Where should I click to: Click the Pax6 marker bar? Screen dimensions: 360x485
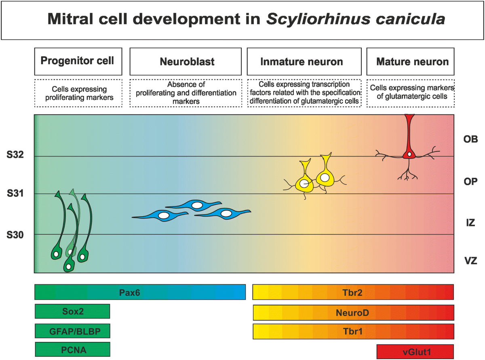[140, 292]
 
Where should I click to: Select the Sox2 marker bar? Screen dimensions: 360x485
[72, 311]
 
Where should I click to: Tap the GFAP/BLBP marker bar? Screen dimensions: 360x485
[72, 332]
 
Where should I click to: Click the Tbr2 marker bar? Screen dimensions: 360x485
[353, 292]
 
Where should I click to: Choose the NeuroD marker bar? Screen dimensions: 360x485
[353, 313]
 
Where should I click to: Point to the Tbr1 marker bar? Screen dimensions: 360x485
[353, 331]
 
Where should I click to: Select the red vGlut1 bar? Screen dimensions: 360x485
[415, 352]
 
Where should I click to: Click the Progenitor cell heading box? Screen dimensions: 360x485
[78, 61]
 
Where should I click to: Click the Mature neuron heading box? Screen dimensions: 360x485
[412, 61]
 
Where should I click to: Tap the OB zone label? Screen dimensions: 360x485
[471, 139]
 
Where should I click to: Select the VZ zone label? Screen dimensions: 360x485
[471, 261]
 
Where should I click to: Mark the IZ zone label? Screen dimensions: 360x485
[471, 222]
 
